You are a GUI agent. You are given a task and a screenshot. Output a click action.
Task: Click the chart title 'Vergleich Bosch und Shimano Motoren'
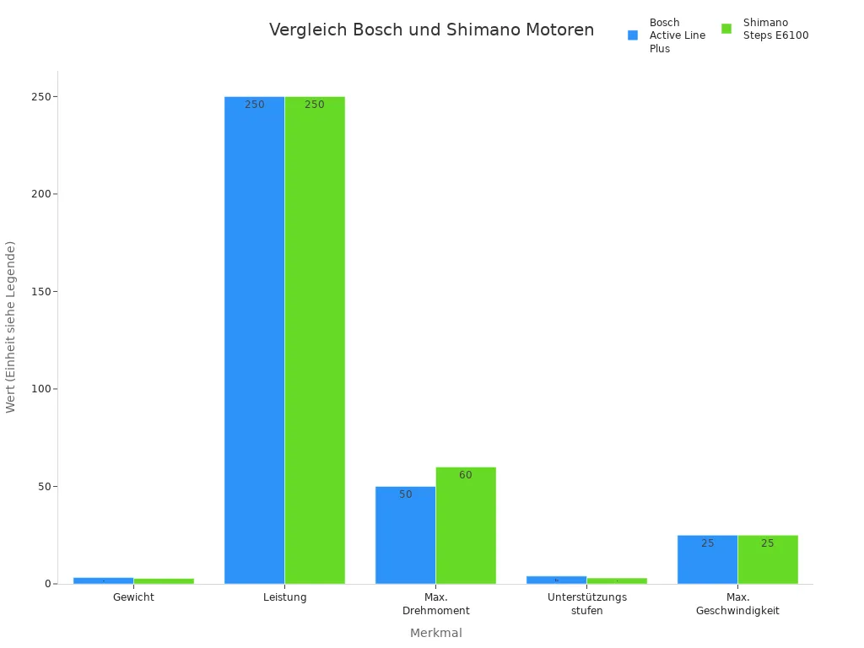click(x=431, y=30)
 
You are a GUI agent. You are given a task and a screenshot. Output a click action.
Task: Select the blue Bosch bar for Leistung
click(x=254, y=337)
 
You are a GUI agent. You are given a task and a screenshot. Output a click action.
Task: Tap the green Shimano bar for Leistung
click(x=315, y=337)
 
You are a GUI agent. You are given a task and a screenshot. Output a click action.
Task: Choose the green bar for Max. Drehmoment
click(x=466, y=527)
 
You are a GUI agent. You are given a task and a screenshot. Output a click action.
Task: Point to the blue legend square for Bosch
click(x=633, y=35)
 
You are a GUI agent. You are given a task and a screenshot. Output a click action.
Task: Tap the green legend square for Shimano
click(x=726, y=29)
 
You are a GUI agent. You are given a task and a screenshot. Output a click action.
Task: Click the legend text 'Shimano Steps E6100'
click(x=775, y=29)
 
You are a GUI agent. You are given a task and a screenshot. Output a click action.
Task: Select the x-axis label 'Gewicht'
click(x=133, y=597)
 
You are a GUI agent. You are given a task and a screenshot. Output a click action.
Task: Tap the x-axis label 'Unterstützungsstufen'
click(x=586, y=604)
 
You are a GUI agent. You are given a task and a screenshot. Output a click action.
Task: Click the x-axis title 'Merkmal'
click(x=435, y=633)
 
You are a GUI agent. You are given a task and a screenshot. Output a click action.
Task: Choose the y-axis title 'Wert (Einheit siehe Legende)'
click(x=11, y=327)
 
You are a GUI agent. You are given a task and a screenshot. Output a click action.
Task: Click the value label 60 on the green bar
click(x=466, y=475)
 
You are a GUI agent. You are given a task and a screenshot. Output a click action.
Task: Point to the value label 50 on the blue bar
click(x=406, y=494)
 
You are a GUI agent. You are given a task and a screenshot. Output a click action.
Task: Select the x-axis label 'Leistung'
click(x=284, y=597)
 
